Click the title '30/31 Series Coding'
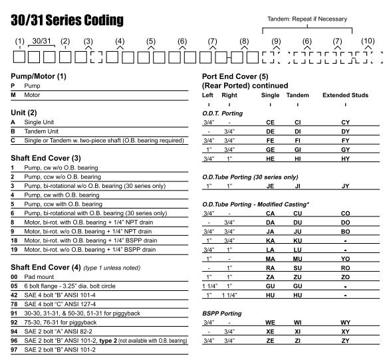coord(67,20)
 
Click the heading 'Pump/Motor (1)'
coord(39,76)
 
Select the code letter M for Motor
coord(13,94)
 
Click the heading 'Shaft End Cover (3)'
coord(47,158)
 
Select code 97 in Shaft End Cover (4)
coord(14,349)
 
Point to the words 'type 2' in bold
coord(107,341)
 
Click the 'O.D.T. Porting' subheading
coord(222,114)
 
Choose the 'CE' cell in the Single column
coord(270,123)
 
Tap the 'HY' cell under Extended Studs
coord(345,159)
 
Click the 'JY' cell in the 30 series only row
coord(345,186)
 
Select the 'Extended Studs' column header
coord(345,95)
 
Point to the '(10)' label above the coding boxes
coord(368,41)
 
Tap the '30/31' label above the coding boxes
coord(42,41)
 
